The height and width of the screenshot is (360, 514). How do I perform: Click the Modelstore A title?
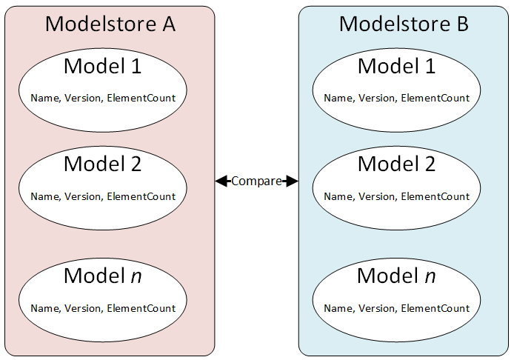[110, 24]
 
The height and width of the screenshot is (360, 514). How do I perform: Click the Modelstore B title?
[404, 24]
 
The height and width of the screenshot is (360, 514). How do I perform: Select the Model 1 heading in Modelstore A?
[102, 66]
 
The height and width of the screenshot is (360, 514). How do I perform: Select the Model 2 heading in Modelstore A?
[102, 164]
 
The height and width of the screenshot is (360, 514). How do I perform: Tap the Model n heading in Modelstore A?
[102, 276]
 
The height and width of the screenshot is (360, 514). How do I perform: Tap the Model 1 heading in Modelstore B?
[396, 66]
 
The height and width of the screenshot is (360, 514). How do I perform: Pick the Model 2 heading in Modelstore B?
[396, 164]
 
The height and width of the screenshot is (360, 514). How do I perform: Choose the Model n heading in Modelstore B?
[396, 276]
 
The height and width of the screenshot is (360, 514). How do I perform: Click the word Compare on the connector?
[256, 181]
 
